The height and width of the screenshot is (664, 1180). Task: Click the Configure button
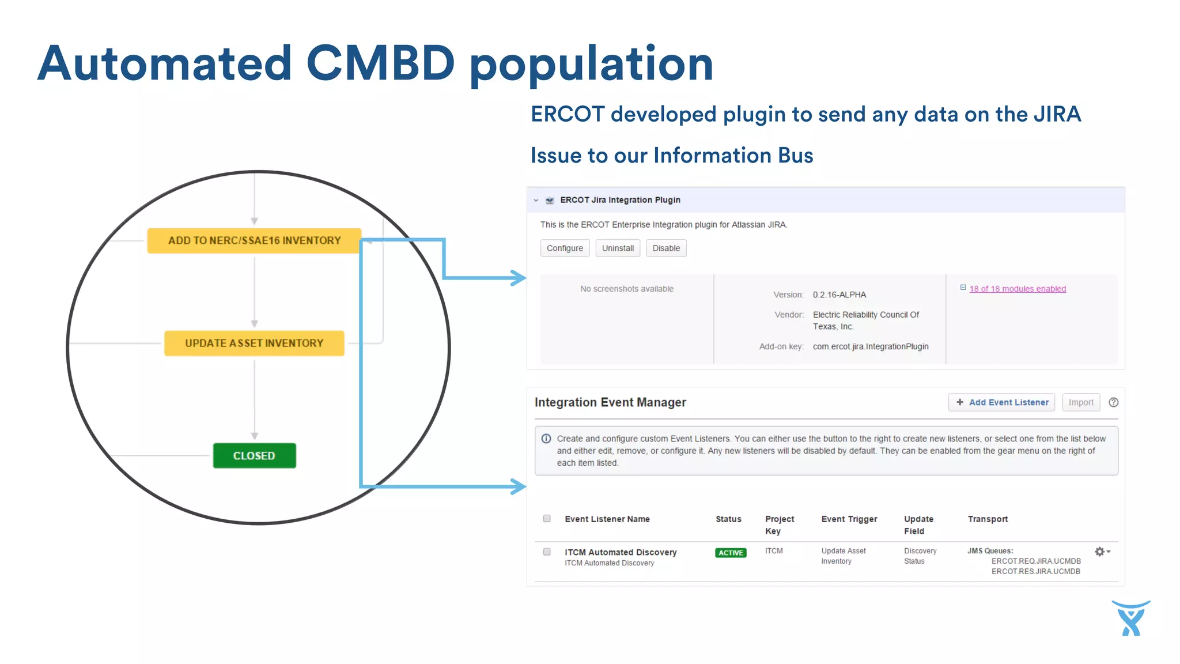565,248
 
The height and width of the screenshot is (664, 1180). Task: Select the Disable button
666,248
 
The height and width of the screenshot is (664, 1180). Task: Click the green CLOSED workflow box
254,456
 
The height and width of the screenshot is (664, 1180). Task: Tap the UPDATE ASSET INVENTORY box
254,344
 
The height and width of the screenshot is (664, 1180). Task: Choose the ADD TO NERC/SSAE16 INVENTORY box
254,241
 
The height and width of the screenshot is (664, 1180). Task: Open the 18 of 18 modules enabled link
1017,289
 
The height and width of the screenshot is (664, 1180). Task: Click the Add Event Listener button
1001,402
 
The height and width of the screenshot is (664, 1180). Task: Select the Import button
1080,402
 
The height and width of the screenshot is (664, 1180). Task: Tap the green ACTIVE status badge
731,553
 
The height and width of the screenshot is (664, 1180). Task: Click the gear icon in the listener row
1099,552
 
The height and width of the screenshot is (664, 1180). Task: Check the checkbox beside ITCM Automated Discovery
547,552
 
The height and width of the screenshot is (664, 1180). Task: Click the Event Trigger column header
849,519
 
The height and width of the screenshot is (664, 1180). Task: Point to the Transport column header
988,519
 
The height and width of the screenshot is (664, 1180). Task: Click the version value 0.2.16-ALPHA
839,295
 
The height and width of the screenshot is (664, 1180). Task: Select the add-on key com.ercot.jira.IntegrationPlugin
870,346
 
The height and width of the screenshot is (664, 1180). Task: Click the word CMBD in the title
380,63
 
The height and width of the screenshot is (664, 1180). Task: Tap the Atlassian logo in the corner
1131,618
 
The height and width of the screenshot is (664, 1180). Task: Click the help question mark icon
1113,402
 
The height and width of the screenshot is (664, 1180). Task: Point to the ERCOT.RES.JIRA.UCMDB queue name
1035,571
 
